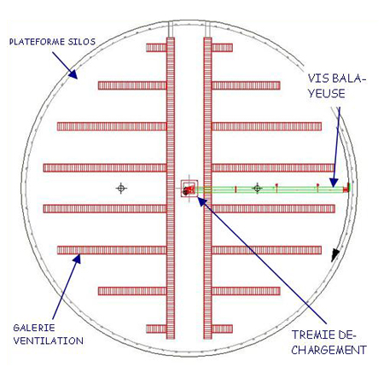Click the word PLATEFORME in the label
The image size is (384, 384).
point(37,42)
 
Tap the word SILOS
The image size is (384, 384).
point(82,42)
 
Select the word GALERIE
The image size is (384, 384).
point(34,328)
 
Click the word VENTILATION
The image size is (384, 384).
point(49,340)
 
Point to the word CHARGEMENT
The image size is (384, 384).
point(329,350)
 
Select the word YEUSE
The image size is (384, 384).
point(327,94)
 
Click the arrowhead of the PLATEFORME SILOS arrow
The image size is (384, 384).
point(73,74)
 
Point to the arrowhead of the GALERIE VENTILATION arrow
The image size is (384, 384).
point(77,259)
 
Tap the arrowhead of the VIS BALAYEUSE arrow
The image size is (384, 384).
point(334,183)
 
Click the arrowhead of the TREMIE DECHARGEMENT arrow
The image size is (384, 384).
point(201,201)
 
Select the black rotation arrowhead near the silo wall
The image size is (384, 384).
point(335,254)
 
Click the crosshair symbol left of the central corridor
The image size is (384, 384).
point(121,188)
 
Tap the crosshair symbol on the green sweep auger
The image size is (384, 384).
point(257,188)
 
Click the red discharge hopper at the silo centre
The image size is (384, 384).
point(189,189)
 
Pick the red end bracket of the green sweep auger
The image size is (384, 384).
point(346,188)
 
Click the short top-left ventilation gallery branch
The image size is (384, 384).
point(156,48)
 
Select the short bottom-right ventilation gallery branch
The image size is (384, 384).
point(222,329)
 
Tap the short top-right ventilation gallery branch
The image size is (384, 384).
point(222,48)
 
